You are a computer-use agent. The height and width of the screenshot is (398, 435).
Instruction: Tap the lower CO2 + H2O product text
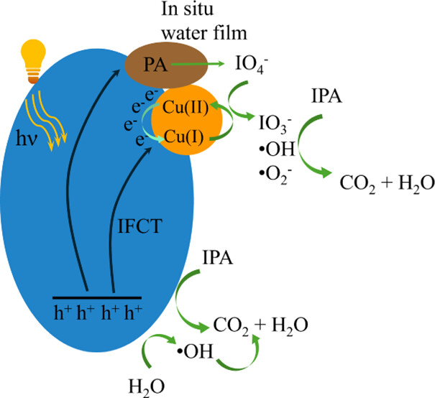click(262, 325)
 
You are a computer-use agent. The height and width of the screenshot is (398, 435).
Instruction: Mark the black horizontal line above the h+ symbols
click(97, 297)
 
